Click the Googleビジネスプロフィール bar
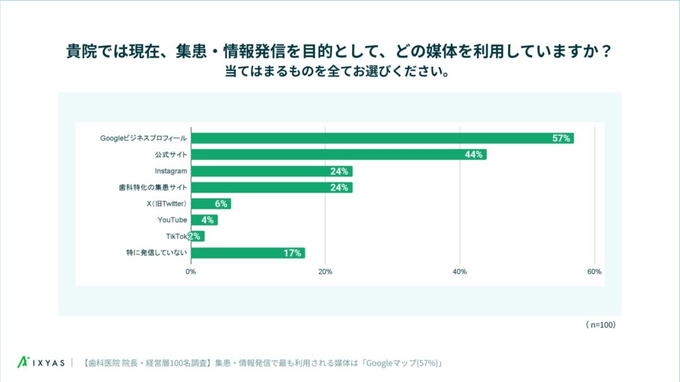[382, 138]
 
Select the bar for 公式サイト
[339, 155]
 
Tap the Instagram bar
[271, 171]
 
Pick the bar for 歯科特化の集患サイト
[271, 188]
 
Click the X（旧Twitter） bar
[211, 204]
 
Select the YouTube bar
[204, 220]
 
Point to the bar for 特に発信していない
[248, 253]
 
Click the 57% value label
[561, 138]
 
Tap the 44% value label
[473, 155]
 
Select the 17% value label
[293, 253]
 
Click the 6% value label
[220, 204]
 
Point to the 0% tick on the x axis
[191, 272]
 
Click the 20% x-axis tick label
[325, 272]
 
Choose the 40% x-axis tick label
[460, 272]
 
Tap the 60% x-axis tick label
[594, 272]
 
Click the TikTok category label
[177, 236]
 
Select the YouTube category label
[172, 220]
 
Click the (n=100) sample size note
[602, 325]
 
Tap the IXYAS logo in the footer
[41, 363]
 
